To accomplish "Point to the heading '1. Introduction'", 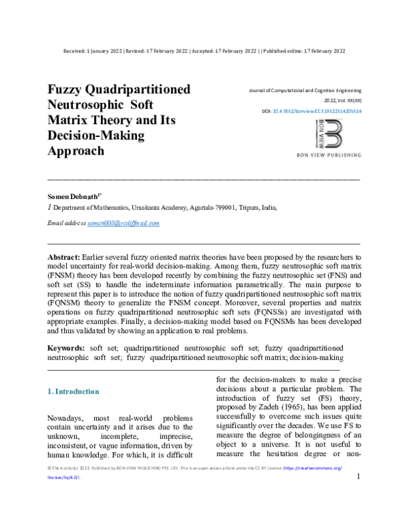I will pyautogui.click(x=73, y=391).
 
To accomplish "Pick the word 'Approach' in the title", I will pyautogui.click(x=76, y=151).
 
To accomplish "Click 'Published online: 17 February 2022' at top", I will pyautogui.click(x=304, y=51).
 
